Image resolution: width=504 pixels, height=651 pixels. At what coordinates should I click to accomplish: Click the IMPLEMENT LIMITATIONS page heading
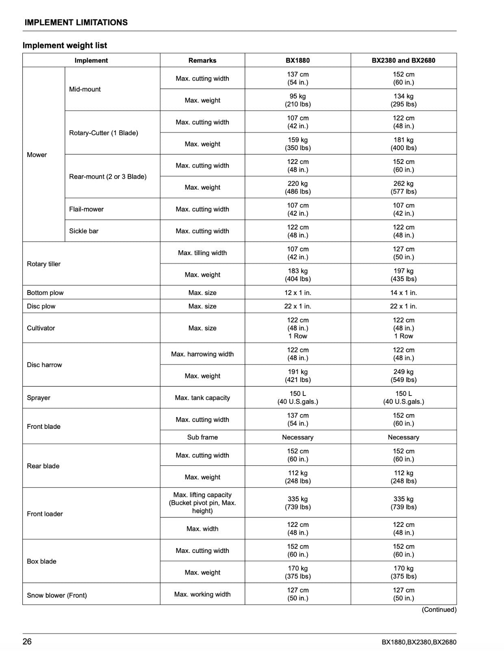point(76,23)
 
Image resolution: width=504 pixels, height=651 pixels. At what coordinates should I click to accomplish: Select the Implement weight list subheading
point(65,46)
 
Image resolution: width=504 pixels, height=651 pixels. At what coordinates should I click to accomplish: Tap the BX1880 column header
point(298,61)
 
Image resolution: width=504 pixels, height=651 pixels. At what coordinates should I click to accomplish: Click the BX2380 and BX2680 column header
point(403,61)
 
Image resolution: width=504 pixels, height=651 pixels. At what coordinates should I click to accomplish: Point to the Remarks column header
point(202,61)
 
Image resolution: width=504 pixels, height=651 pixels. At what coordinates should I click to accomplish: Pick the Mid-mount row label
point(85,89)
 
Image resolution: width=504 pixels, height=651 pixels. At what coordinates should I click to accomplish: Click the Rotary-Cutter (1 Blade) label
point(104,133)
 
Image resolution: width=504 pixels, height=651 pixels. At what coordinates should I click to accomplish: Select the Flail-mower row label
point(86,209)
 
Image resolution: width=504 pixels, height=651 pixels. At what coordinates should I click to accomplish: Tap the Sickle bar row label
point(84,231)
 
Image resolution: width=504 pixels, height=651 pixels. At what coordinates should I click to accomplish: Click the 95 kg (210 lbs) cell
point(298,100)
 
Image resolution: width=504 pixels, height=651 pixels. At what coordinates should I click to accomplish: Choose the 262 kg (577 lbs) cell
point(403,187)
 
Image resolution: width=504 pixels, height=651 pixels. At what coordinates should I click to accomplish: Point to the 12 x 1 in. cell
point(298,293)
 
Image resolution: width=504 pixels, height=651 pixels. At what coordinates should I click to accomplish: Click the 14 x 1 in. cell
point(403,293)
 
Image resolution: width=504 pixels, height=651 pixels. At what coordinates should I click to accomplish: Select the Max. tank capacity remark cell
point(202,398)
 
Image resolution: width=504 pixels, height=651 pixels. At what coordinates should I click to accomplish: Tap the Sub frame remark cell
point(202,437)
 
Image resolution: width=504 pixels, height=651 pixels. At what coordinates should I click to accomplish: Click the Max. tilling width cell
point(202,253)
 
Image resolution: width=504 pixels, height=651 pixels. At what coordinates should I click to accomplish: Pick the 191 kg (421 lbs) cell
point(298,376)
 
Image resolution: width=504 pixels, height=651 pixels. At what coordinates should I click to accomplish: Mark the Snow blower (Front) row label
point(57,595)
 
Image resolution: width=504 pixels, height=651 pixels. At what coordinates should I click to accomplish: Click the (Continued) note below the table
point(439,609)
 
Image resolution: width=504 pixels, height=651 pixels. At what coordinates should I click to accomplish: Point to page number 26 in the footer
point(27,642)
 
